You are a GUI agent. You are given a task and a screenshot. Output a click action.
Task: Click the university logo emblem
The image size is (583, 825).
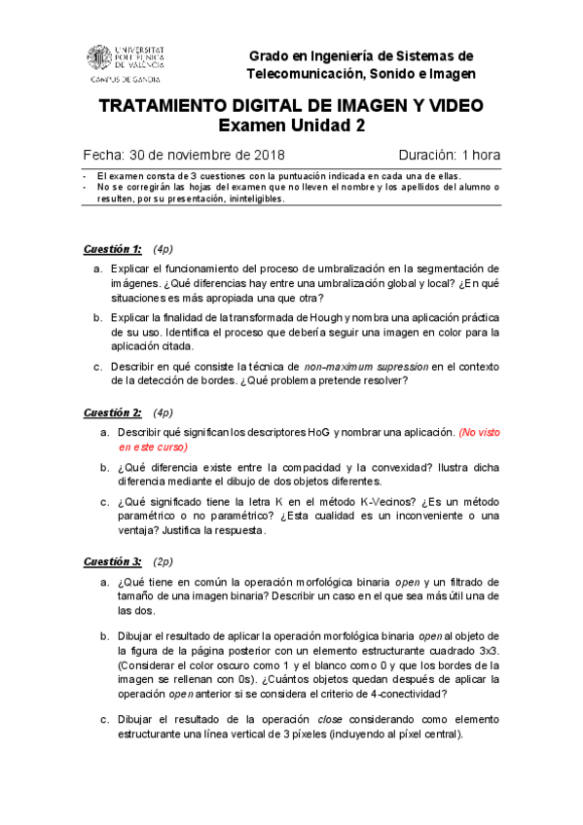(x=101, y=57)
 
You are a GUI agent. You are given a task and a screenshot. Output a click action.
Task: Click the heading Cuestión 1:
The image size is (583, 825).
(x=112, y=248)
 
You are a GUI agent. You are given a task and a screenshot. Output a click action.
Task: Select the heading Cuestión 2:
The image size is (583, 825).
(x=112, y=412)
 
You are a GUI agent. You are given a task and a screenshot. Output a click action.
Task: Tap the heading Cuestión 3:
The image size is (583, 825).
(x=112, y=561)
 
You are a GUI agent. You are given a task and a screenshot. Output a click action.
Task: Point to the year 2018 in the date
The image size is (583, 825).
(x=262, y=155)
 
